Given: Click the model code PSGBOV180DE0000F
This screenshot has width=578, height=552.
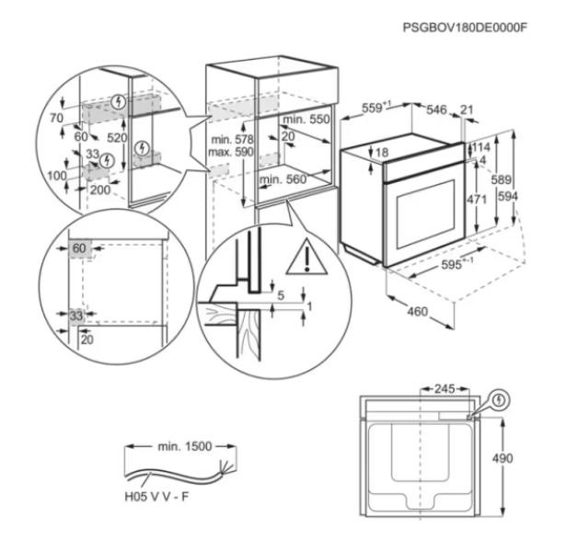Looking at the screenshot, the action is [x=465, y=28].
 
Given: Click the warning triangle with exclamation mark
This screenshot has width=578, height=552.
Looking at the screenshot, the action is [x=306, y=257].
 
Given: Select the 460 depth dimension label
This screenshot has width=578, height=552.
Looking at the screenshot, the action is [x=417, y=312].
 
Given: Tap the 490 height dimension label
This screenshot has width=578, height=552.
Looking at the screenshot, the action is [x=503, y=458].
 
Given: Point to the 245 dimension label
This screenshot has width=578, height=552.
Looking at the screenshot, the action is [x=445, y=389].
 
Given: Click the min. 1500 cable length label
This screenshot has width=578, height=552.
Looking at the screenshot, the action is [x=185, y=446].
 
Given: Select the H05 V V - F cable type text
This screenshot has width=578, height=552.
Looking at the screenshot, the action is [x=156, y=497].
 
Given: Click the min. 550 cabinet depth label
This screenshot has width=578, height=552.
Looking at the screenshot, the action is [x=306, y=120].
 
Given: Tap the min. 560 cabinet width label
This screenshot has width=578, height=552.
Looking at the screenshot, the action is [x=283, y=179].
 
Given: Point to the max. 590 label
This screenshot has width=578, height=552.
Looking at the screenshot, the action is [x=231, y=152].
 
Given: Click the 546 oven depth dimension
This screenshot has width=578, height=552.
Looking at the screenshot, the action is [x=436, y=109].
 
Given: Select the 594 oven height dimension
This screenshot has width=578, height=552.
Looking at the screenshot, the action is [x=508, y=196].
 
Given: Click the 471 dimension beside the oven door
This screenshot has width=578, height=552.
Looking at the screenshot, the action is [x=477, y=200].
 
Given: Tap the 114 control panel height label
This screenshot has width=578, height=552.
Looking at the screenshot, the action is [x=481, y=147].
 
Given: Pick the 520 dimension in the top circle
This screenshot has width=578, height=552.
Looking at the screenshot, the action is [x=117, y=137].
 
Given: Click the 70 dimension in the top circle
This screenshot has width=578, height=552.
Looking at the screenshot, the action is [x=56, y=118].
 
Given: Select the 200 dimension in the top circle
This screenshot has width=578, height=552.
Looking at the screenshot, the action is [x=100, y=190].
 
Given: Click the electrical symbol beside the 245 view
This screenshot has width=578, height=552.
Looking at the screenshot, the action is [x=499, y=400].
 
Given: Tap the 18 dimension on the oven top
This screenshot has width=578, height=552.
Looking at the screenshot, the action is [x=382, y=152].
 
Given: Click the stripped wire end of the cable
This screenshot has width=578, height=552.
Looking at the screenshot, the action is [x=226, y=466].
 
